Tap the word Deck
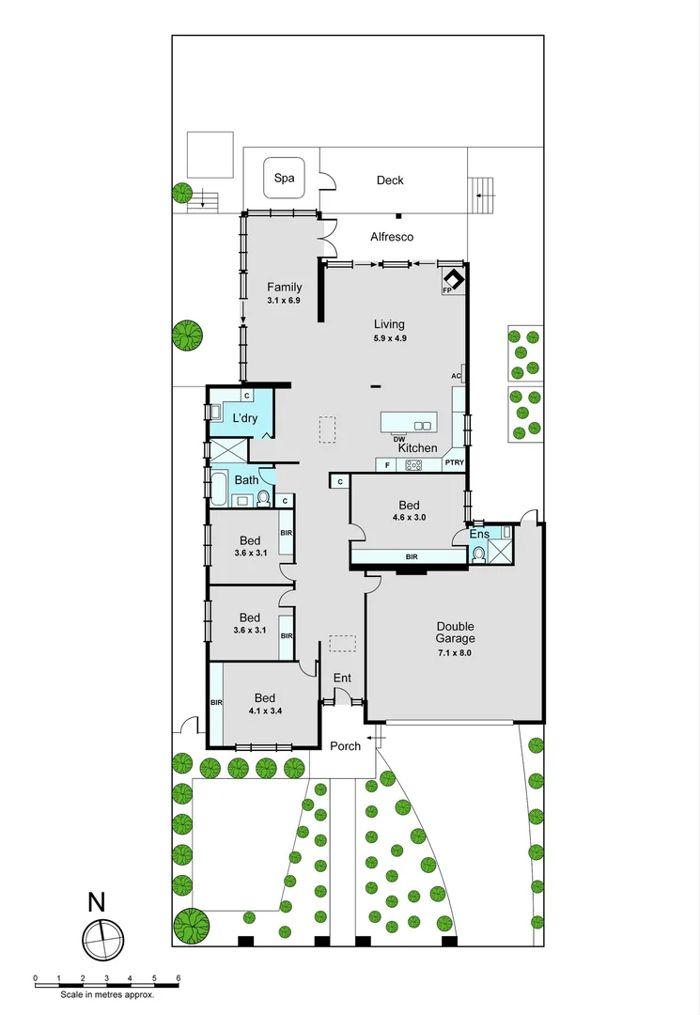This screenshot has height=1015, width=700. pyautogui.click(x=390, y=180)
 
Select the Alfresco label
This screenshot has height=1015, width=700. pyautogui.click(x=392, y=237)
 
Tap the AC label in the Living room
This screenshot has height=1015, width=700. pyautogui.click(x=456, y=376)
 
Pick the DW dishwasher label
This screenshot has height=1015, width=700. pyautogui.click(x=399, y=439)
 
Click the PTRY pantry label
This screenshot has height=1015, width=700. pyautogui.click(x=455, y=463)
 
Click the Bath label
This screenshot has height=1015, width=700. pyautogui.click(x=246, y=480)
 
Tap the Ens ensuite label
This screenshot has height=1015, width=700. pyautogui.click(x=480, y=534)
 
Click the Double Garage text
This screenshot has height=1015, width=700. pyautogui.click(x=455, y=632)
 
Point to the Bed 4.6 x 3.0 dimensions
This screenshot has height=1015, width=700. pyautogui.click(x=409, y=517)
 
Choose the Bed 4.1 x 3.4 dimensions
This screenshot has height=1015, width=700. pyautogui.click(x=264, y=710)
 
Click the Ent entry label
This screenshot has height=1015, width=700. pyautogui.click(x=342, y=678)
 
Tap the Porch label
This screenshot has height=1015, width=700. pyautogui.click(x=345, y=746)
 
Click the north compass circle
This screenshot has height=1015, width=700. pyautogui.click(x=102, y=937)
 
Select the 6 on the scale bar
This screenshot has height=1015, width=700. pyautogui.click(x=179, y=978)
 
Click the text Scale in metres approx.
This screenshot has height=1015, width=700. pyautogui.click(x=106, y=993)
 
